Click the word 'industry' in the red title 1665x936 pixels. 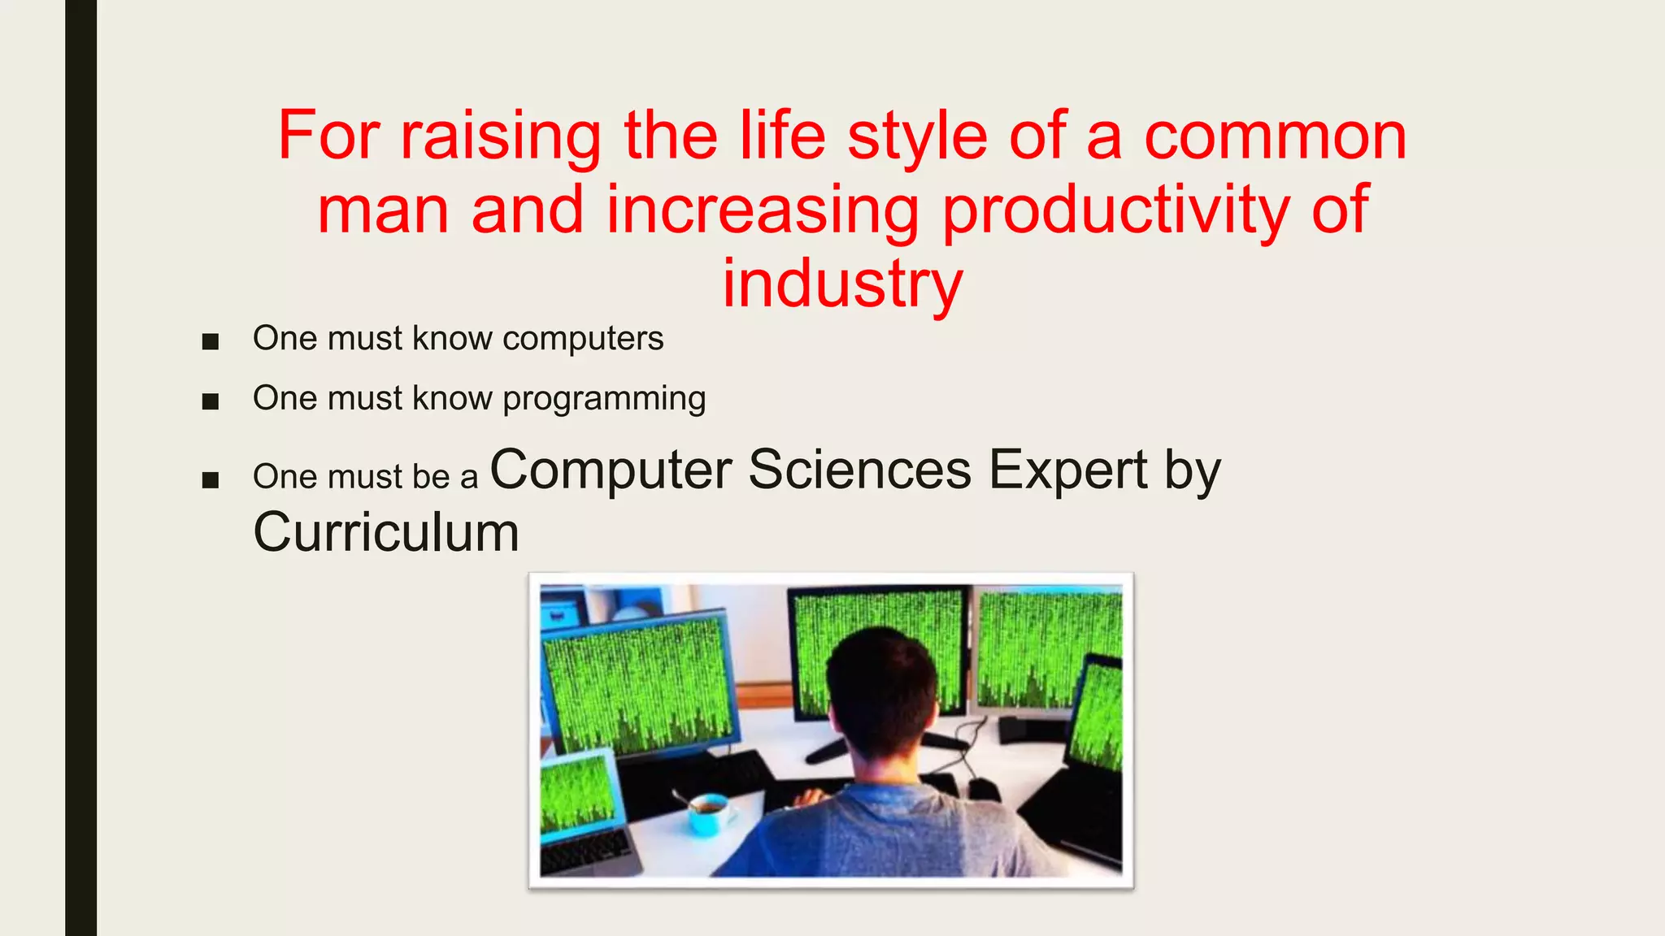(x=842, y=284)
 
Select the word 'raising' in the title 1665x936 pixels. (x=500, y=136)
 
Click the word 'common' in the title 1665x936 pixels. (x=1275, y=136)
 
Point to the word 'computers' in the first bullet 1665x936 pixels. (x=582, y=339)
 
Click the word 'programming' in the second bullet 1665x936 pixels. (x=603, y=399)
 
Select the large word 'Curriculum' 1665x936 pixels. (x=385, y=533)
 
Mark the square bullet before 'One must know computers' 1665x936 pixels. (x=211, y=341)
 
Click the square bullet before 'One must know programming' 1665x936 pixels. (x=211, y=401)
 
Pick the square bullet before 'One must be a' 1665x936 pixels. (x=211, y=480)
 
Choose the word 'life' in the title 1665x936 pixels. (x=783, y=136)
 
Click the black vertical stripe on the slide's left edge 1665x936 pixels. (x=80, y=468)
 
